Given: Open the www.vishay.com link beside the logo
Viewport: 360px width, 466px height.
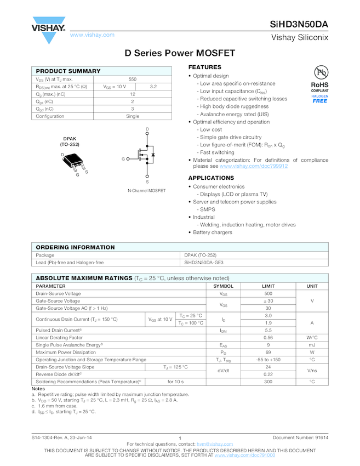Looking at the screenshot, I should [92, 35].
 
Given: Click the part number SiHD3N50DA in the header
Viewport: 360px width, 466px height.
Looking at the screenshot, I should [299, 25].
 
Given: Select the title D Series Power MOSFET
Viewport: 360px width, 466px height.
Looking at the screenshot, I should [180, 54].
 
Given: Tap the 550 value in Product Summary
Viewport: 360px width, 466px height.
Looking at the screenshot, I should [133, 79].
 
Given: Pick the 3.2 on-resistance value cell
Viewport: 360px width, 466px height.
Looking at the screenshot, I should [153, 87].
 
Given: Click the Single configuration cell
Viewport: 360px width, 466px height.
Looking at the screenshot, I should [133, 116].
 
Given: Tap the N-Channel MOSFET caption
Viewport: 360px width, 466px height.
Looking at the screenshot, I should [146, 191].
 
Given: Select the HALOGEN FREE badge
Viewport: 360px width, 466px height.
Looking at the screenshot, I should [320, 99].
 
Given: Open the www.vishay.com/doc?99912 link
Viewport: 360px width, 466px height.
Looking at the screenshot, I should [254, 166].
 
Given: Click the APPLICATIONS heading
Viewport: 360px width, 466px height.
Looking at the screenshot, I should [211, 178].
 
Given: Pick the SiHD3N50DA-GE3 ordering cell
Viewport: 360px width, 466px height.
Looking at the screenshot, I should [204, 263].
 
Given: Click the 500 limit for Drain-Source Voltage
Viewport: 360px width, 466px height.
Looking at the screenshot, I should [268, 294].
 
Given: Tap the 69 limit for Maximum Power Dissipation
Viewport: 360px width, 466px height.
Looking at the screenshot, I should [268, 353].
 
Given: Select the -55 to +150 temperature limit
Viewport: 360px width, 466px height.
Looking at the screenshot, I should [268, 360].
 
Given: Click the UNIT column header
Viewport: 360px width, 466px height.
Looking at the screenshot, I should [312, 286].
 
